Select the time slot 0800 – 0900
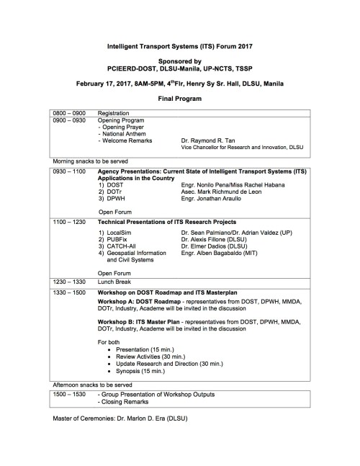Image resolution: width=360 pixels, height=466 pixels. pyautogui.click(x=68, y=114)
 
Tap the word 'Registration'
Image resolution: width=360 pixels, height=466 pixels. pyautogui.click(x=114, y=114)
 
